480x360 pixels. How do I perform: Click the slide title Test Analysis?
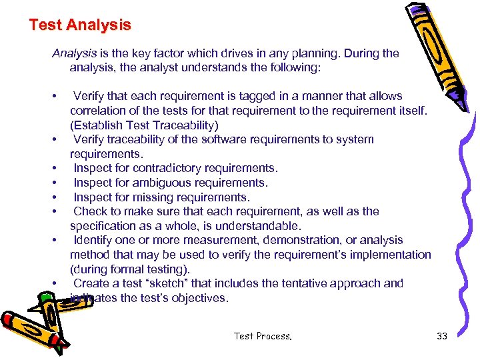click(80, 25)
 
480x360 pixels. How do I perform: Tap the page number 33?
click(442, 336)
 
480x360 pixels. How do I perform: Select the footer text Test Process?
click(263, 336)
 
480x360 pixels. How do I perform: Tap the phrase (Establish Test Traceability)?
click(143, 125)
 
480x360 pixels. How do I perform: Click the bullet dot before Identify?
click(53, 241)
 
